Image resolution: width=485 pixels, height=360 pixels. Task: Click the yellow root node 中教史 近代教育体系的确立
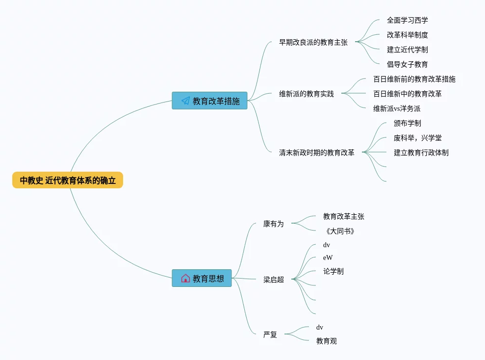coord(68,180)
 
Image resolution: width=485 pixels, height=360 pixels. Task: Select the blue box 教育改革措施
coord(210,101)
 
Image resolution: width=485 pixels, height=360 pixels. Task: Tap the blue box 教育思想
coord(202,278)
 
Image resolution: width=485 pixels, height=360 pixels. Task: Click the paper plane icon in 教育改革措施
coord(185,101)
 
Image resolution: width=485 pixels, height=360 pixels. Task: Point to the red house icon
coord(185,278)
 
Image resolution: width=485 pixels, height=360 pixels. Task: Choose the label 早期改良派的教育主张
coord(313,42)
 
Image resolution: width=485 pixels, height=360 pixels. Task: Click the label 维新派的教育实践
coord(306,94)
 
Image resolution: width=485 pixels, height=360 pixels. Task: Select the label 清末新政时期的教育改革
coord(317,153)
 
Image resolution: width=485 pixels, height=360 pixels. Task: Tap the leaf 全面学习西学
coord(408,21)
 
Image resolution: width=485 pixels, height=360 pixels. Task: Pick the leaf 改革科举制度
coord(408,35)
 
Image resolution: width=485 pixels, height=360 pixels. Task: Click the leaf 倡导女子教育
coord(408,64)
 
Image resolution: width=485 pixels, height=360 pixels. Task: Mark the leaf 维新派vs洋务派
coord(397,108)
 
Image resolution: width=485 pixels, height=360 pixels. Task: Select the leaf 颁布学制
coord(408,124)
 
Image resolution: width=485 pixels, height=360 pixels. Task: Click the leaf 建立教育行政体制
coord(421,153)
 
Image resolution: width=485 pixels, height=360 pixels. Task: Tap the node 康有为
coord(274,224)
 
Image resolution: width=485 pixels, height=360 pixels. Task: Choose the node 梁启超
coord(274,280)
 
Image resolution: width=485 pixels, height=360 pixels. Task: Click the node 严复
coord(270,334)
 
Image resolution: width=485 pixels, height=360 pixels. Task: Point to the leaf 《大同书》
coord(340,231)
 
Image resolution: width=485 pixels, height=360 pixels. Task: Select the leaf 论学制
coord(333,271)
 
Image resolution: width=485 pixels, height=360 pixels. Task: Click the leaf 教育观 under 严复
coord(326,341)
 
